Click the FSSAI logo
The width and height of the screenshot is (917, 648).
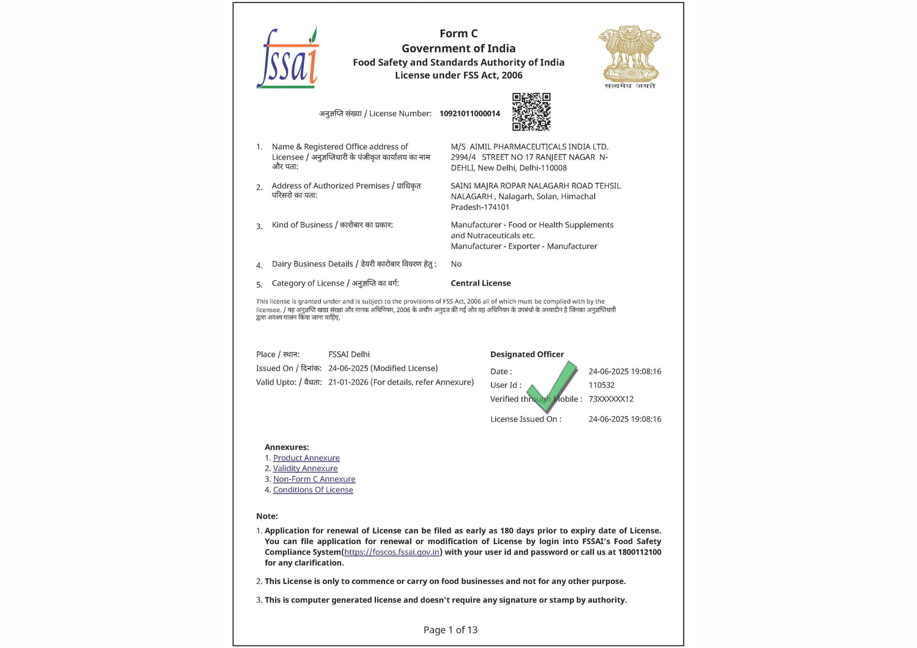pos(288,58)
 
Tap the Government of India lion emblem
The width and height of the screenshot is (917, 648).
pos(630,56)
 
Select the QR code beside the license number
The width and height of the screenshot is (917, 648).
pos(531,112)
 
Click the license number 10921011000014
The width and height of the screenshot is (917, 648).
pos(470,114)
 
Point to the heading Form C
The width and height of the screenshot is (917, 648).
pos(458,34)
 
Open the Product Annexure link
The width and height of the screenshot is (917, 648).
pos(306,458)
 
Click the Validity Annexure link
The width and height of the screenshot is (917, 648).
pos(305,468)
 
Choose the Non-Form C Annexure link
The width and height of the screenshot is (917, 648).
pos(314,479)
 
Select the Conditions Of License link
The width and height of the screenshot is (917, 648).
pos(313,490)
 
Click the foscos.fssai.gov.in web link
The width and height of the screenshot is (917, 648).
pos(392,552)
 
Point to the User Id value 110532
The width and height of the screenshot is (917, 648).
pos(602,385)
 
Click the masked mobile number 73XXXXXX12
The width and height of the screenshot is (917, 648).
pos(611,399)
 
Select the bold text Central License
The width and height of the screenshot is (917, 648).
pos(481,283)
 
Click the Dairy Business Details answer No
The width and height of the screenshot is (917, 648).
pos(456,264)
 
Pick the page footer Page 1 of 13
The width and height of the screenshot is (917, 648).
pos(451,630)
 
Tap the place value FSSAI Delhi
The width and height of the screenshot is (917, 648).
pos(349,354)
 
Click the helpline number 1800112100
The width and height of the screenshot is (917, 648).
pos(639,552)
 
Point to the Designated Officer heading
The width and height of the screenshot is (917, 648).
pos(527,354)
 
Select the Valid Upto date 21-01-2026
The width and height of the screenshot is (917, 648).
pos(348,382)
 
